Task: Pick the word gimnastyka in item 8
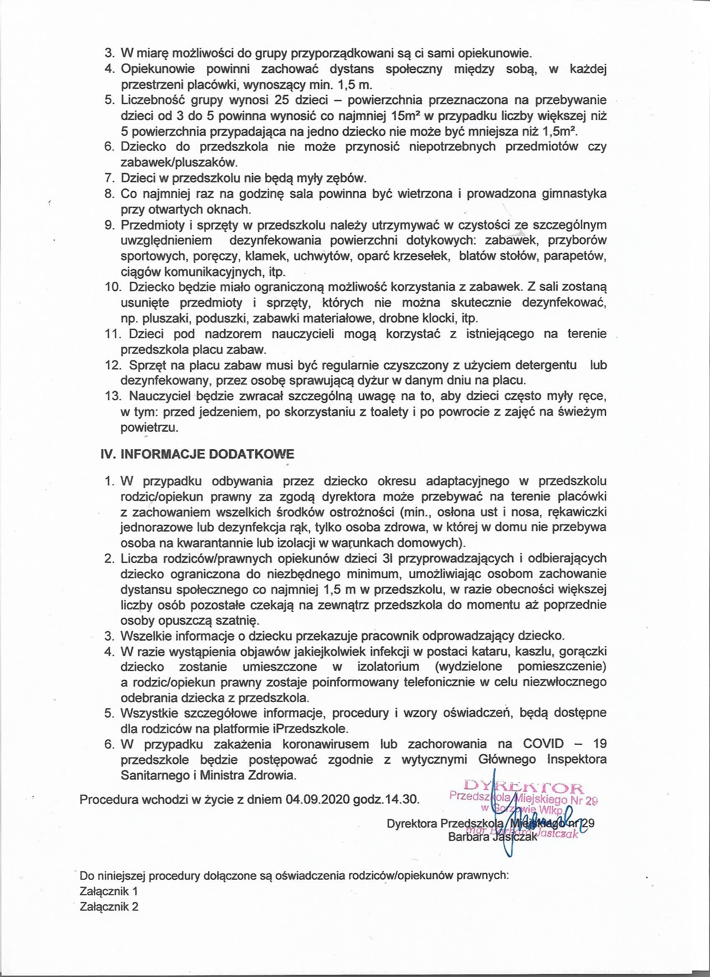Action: tap(571, 194)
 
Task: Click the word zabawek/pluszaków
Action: tap(179, 163)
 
